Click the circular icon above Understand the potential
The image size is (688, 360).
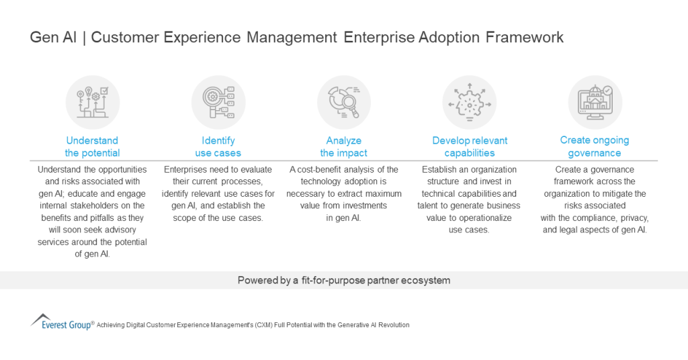(92, 102)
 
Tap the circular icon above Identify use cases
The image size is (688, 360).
(218, 102)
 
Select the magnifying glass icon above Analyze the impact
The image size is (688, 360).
(344, 102)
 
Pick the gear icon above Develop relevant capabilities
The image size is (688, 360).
(470, 102)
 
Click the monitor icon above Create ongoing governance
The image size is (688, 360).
(595, 102)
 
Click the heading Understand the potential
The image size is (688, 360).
(92, 146)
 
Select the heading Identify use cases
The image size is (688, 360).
(218, 146)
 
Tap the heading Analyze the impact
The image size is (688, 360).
(344, 146)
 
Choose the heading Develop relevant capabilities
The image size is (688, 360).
(470, 146)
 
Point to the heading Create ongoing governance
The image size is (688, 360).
(595, 146)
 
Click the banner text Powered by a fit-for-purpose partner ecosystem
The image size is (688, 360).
(344, 280)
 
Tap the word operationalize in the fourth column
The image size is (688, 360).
(480, 218)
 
